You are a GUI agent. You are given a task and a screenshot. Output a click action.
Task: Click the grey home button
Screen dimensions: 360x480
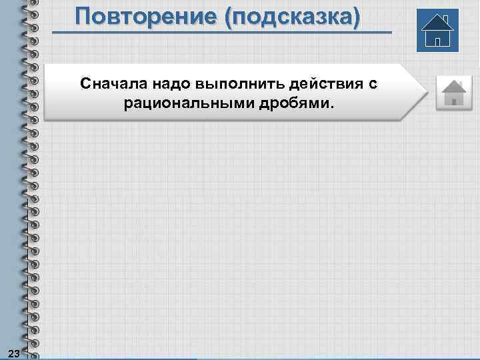pos(453,92)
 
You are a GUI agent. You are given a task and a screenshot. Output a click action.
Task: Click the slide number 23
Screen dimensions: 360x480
pos(13,351)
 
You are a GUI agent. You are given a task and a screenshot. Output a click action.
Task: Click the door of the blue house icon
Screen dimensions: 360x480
pos(437,41)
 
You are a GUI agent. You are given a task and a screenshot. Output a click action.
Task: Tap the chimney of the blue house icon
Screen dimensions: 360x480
pos(445,19)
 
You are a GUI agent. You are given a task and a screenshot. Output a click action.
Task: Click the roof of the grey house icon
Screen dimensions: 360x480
pos(453,85)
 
